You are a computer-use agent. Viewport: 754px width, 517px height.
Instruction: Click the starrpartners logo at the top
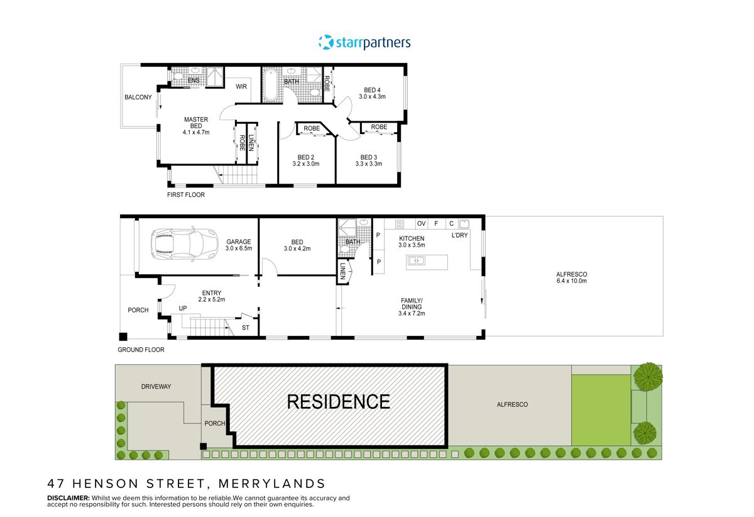(x=364, y=42)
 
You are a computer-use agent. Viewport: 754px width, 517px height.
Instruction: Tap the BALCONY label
(x=138, y=97)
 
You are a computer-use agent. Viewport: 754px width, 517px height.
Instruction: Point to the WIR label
(x=241, y=87)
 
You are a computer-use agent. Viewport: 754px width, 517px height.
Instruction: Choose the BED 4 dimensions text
(x=372, y=97)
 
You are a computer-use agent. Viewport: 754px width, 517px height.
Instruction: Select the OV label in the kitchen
(x=421, y=223)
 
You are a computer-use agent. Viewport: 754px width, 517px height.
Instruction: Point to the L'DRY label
(x=460, y=235)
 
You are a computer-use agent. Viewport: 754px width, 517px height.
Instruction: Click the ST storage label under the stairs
(x=245, y=328)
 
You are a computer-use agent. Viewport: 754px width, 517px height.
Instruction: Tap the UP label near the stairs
(x=183, y=308)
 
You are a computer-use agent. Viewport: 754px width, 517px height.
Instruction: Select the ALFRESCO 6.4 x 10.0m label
(x=571, y=277)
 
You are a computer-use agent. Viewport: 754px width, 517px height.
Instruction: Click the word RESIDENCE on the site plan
(x=338, y=401)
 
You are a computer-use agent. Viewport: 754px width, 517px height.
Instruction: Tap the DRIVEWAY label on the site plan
(x=156, y=386)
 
